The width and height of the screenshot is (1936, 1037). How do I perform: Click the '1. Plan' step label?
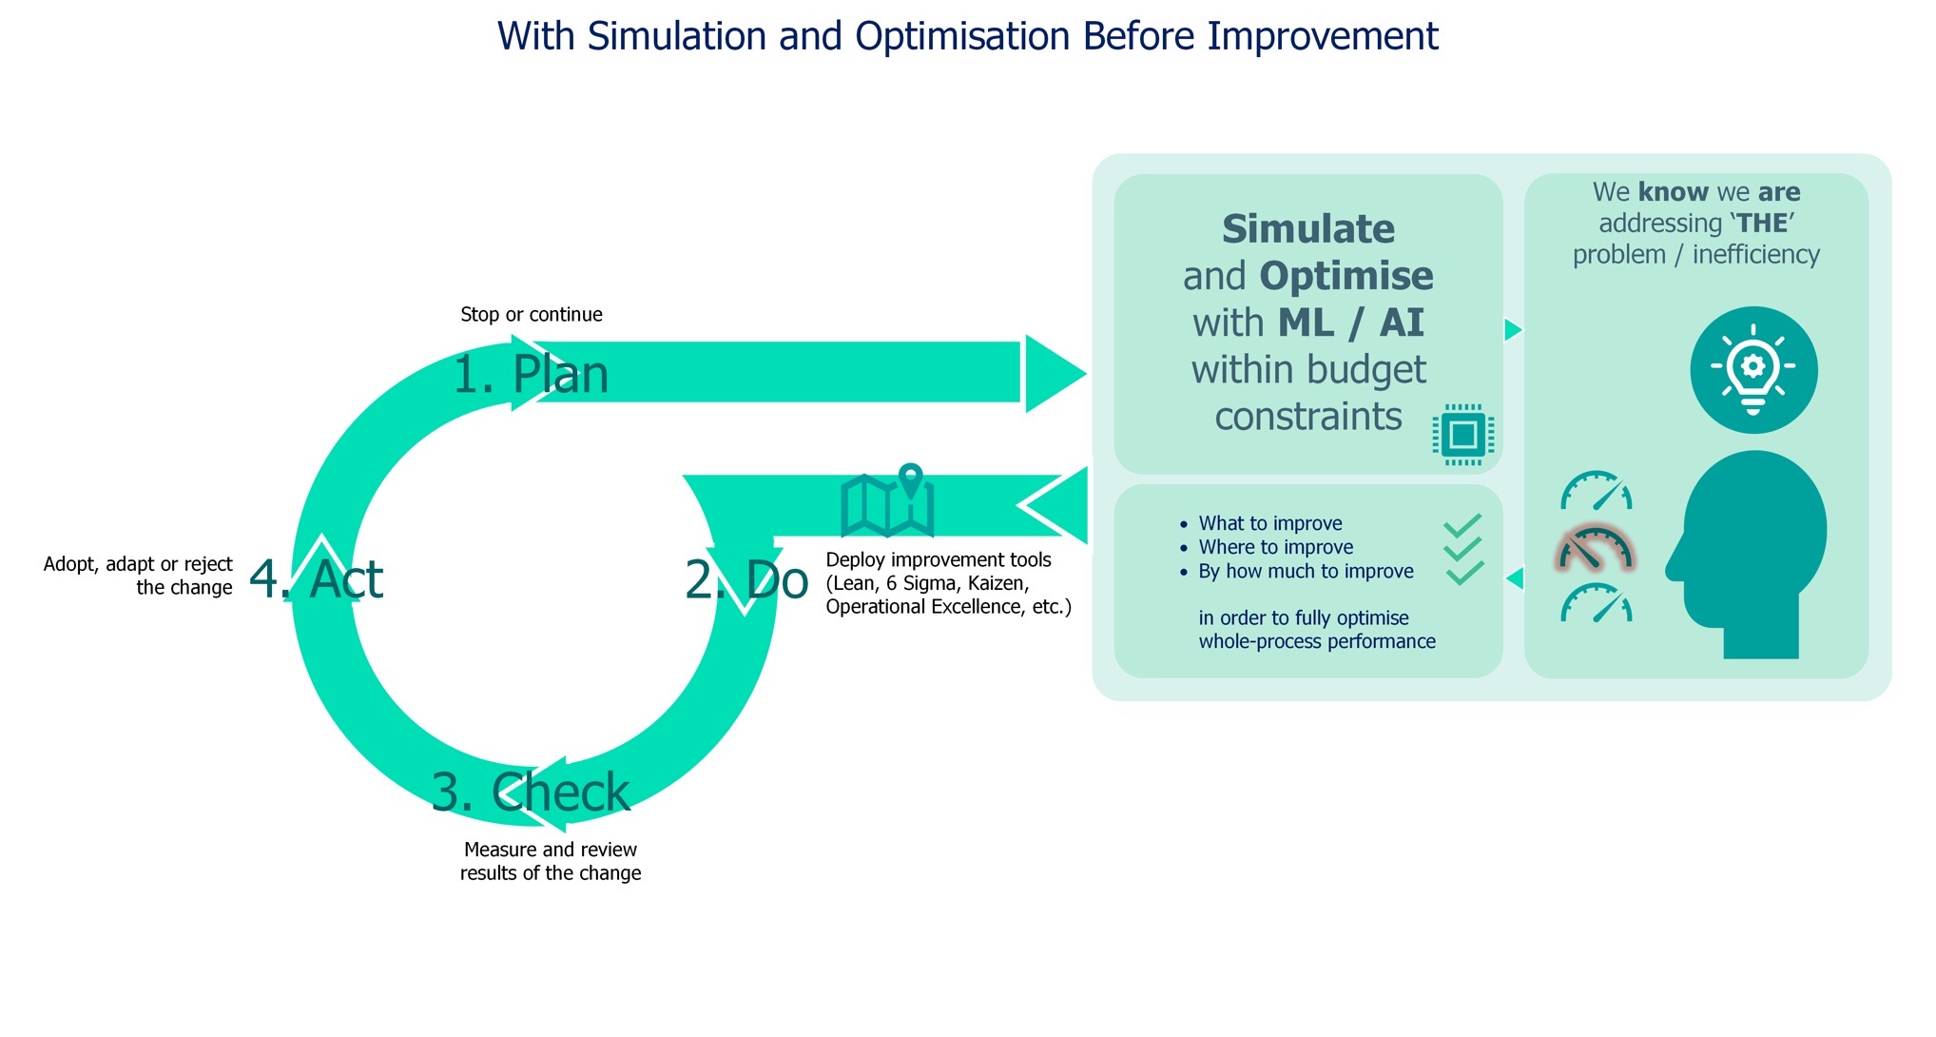(530, 375)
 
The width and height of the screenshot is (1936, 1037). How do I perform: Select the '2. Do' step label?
(746, 579)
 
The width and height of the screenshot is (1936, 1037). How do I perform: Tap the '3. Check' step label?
(530, 792)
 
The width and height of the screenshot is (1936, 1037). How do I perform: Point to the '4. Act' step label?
(316, 578)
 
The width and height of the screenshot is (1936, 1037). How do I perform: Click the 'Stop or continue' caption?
(531, 315)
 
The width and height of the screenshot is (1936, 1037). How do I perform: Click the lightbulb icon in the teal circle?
(1753, 369)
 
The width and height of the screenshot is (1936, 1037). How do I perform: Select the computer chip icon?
(1462, 435)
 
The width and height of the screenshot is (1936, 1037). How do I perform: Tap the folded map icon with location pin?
(889, 500)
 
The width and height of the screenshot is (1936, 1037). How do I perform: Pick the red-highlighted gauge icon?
(1595, 550)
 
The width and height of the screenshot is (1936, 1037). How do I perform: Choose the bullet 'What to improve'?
(1269, 523)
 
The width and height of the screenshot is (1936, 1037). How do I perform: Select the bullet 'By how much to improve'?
(1306, 571)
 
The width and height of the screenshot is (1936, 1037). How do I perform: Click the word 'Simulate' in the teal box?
(1307, 229)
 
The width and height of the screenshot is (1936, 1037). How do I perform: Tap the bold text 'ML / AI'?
(1350, 323)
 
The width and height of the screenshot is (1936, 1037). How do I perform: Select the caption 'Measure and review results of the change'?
(551, 861)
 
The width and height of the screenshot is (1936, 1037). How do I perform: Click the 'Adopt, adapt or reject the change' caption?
(139, 576)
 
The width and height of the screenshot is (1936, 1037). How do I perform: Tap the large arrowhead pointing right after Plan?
(1054, 374)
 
